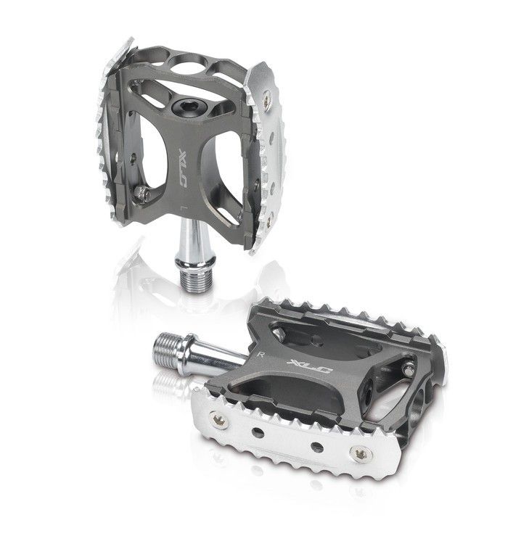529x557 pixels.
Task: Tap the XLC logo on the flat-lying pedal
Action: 309,366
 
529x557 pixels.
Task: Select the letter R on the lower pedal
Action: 262,354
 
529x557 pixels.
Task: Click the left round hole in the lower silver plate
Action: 258,432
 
